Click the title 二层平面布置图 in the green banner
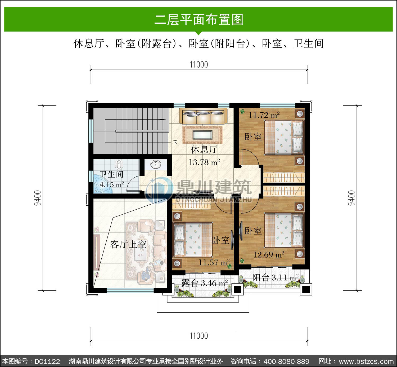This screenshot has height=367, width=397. [199, 20]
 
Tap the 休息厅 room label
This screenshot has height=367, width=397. [204, 149]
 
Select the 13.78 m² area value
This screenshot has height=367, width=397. [204, 162]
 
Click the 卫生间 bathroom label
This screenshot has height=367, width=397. [111, 174]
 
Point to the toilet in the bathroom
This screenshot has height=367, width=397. [119, 165]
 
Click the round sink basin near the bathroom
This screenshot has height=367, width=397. [156, 165]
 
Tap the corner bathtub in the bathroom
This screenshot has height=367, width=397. [102, 184]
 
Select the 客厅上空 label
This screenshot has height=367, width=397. [128, 245]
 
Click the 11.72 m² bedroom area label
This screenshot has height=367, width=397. [264, 115]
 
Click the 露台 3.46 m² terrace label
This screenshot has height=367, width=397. [205, 283]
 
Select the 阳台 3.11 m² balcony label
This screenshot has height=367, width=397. [276, 277]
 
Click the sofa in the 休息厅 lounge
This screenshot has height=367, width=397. [203, 116]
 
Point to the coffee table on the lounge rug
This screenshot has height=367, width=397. [202, 135]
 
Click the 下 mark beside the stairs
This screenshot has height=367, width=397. [175, 143]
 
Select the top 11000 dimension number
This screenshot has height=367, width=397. [199, 65]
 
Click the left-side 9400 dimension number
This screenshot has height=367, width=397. [38, 198]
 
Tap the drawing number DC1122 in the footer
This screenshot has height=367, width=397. [47, 361]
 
